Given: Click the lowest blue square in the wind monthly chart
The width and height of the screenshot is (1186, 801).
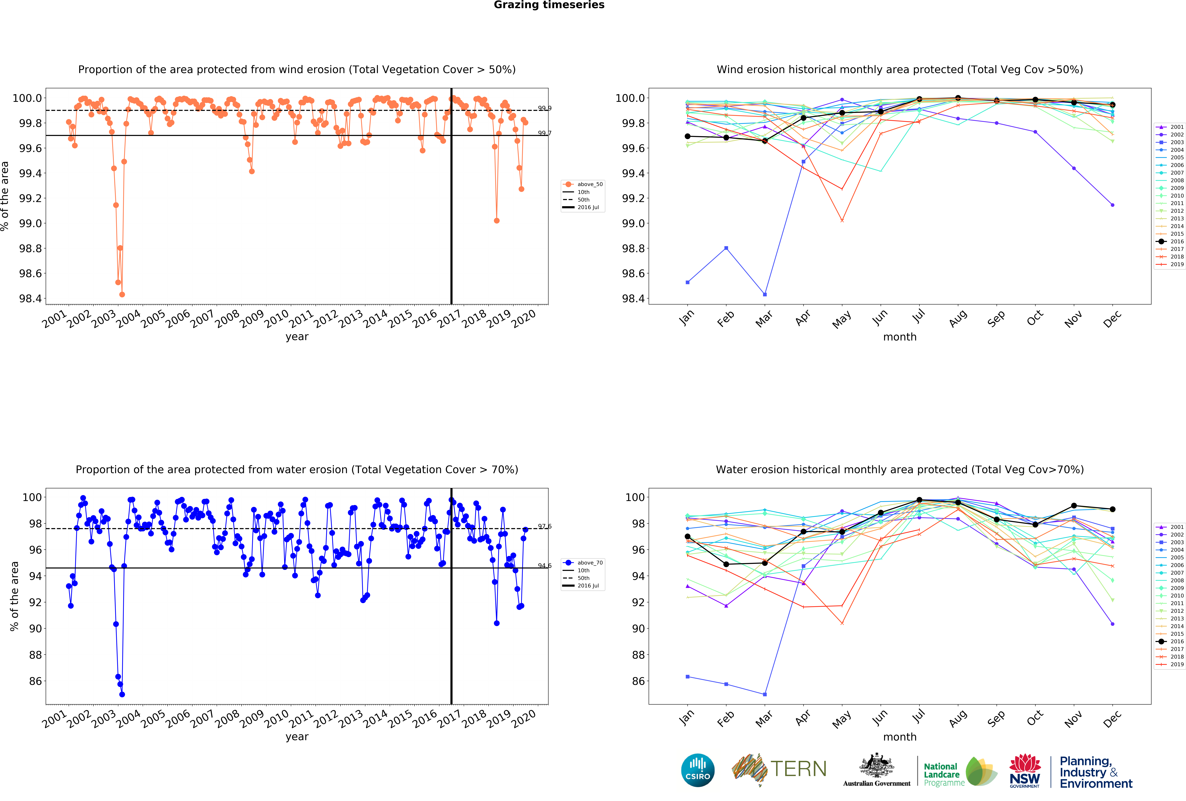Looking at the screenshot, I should (x=764, y=294).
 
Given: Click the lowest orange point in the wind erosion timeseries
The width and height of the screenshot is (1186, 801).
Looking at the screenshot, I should (x=122, y=294).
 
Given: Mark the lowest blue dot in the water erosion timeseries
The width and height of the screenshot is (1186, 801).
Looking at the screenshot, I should (x=122, y=694).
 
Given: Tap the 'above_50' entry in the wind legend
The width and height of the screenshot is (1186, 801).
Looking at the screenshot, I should (x=589, y=184).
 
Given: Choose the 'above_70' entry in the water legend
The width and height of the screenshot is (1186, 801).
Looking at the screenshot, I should (x=589, y=563).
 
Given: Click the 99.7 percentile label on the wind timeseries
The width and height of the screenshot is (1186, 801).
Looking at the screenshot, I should (x=545, y=133).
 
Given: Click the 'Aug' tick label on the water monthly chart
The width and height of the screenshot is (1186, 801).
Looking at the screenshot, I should (x=958, y=718).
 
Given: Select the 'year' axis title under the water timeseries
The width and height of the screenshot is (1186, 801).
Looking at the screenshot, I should (x=297, y=737).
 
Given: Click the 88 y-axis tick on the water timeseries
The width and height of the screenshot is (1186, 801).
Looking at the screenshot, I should (x=35, y=655).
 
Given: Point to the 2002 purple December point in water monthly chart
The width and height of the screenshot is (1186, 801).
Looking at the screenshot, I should (x=1112, y=624).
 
